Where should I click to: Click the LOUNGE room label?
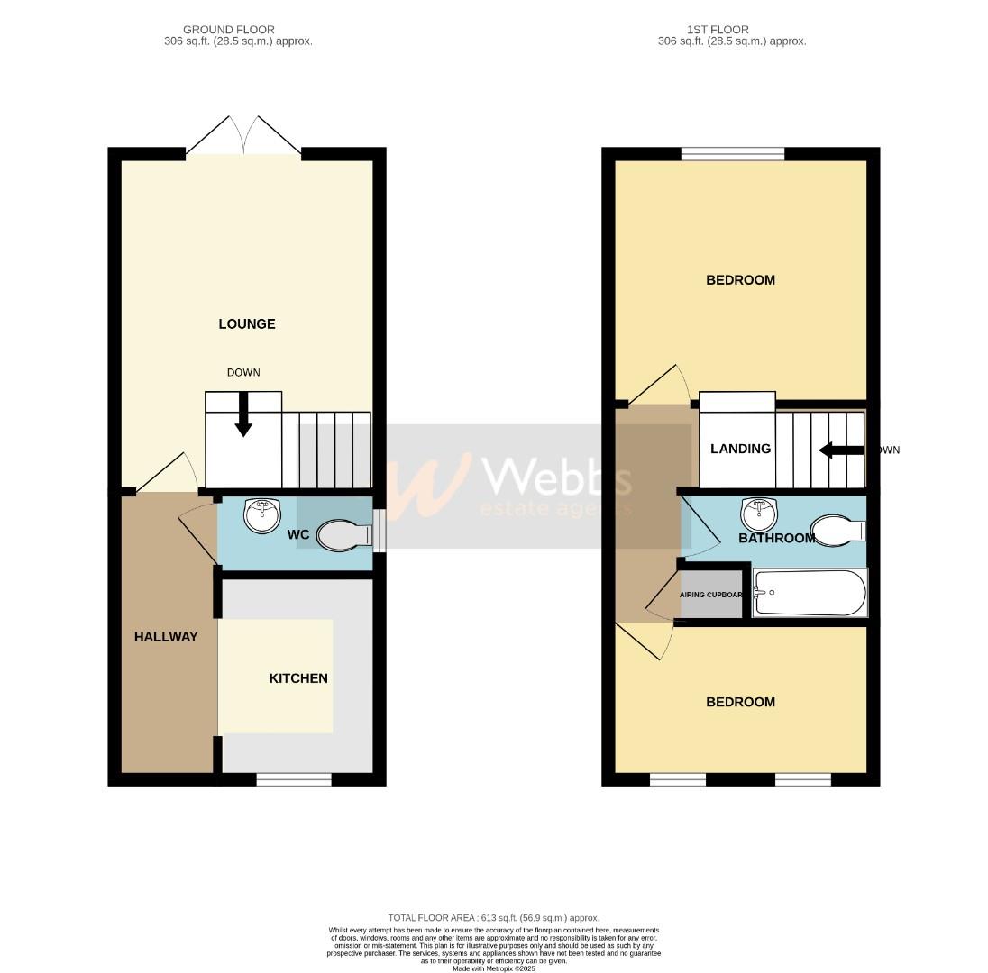click(246, 324)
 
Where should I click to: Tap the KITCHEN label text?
click(298, 678)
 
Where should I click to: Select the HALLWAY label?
click(166, 637)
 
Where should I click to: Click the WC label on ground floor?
click(298, 535)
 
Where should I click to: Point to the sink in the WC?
click(262, 516)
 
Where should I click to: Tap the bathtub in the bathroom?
click(810, 593)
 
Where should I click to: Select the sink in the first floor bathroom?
click(759, 515)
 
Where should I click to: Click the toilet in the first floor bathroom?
click(838, 531)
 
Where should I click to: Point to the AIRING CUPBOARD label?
click(711, 595)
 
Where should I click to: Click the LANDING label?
click(740, 449)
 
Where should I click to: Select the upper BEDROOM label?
click(740, 280)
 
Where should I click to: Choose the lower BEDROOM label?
click(740, 702)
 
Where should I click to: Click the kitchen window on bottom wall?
click(294, 779)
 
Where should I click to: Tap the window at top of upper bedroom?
click(732, 154)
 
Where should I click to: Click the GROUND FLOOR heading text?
click(229, 30)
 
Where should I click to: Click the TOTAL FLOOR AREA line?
click(493, 918)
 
